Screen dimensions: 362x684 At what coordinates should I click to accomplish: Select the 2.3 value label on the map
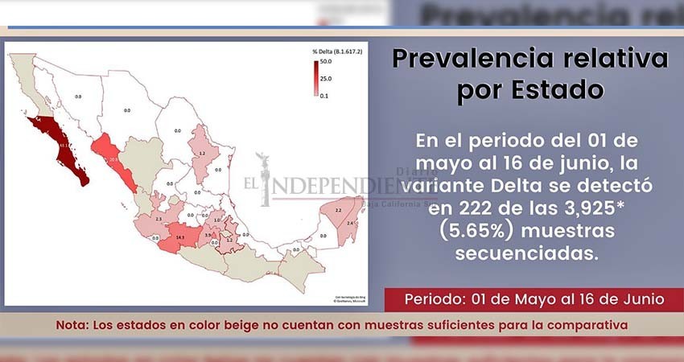pos(159,219)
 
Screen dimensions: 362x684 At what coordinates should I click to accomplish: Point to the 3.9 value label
pos(207,235)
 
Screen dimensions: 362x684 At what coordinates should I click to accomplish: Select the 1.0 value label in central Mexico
pos(216,220)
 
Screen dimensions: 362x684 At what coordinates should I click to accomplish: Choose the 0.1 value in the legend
pos(325,95)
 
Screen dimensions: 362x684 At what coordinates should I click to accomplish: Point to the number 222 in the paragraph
pos(461,208)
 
